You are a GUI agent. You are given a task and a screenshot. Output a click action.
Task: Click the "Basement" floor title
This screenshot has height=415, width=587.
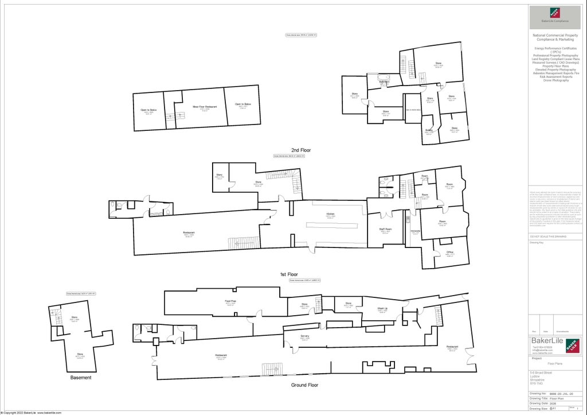(81, 378)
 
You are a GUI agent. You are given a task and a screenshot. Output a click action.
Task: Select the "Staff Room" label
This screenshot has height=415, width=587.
(385, 230)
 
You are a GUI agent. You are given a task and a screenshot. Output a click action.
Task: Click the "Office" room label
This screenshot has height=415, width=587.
(449, 253)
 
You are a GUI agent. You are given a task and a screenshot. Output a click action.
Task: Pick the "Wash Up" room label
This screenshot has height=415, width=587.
(382, 309)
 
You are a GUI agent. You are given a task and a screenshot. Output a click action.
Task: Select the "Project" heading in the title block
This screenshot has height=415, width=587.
(537, 358)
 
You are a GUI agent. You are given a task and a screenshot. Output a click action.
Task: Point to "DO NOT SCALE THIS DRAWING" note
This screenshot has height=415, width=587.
(547, 236)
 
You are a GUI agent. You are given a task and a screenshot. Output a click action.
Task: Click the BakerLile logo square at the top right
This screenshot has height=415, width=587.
(555, 13)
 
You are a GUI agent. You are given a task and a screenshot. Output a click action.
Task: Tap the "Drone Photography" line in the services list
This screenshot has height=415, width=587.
(555, 80)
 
